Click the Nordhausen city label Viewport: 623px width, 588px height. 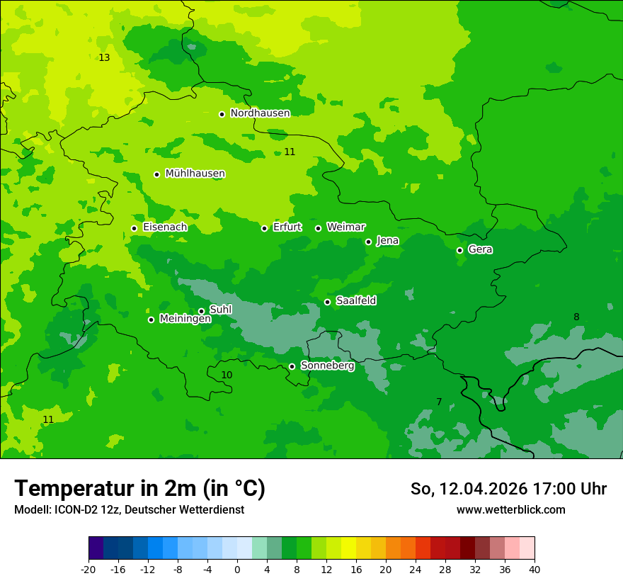[x=260, y=113]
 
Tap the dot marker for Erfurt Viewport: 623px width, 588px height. [x=264, y=228]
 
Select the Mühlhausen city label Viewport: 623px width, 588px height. [x=195, y=174]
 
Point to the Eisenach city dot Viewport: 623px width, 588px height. [x=134, y=228]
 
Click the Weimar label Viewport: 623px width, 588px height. [x=345, y=227]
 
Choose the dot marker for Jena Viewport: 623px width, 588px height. [x=368, y=242]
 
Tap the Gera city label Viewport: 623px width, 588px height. [x=480, y=249]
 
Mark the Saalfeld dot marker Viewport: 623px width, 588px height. [x=327, y=302]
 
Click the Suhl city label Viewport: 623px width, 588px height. [x=220, y=310]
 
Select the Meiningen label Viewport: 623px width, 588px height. [x=185, y=319]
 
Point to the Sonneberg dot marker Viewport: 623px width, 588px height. [x=292, y=366]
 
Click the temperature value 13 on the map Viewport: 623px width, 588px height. [x=104, y=57]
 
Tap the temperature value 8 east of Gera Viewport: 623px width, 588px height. [x=576, y=317]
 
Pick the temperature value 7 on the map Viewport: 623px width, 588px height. [x=439, y=402]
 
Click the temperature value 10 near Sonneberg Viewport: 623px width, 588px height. [x=227, y=375]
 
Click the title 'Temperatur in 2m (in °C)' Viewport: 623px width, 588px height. [x=139, y=488]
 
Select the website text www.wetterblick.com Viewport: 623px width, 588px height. [x=510, y=509]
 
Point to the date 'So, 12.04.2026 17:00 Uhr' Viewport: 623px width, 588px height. [x=508, y=489]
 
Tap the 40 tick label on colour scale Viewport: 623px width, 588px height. [x=535, y=569]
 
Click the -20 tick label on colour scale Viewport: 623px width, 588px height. [x=88, y=569]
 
